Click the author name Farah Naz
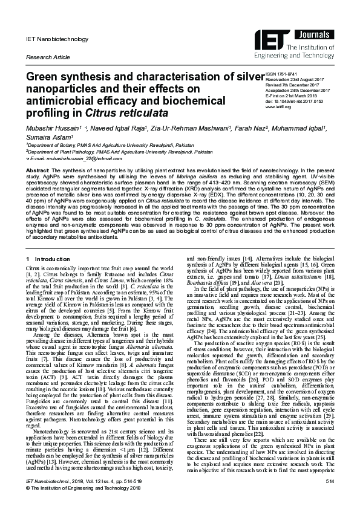coord(258,128)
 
